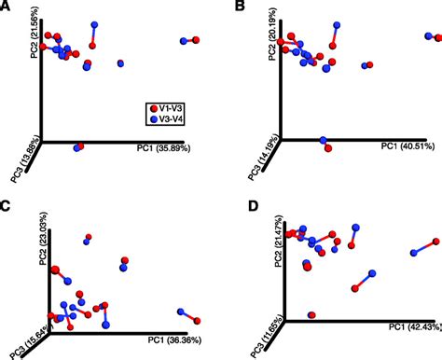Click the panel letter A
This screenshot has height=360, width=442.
(7, 7)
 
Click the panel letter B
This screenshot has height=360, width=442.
(241, 7)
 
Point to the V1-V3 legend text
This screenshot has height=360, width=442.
(175, 109)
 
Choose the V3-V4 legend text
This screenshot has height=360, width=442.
(175, 120)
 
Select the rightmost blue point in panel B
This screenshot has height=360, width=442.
(435, 38)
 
